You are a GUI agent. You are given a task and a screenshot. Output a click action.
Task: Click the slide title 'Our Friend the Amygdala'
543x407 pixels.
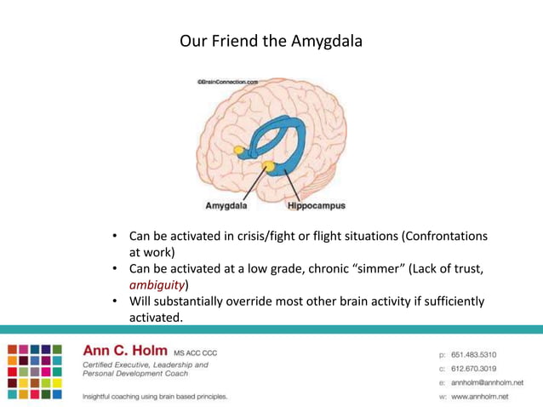[271, 41]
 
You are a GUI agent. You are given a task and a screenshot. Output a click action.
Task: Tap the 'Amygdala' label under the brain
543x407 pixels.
[226, 206]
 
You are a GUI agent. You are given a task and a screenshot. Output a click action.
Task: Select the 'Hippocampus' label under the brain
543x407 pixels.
[316, 206]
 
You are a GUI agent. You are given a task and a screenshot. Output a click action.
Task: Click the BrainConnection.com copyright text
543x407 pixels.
[227, 83]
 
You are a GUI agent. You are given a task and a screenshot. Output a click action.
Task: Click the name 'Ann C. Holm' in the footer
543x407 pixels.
[125, 350]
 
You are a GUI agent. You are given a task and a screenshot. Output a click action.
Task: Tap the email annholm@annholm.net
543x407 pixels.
[487, 383]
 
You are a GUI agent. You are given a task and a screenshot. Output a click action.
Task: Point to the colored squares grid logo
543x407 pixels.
[35, 371]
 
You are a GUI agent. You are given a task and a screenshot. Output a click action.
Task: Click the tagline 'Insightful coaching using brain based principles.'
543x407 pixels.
[154, 397]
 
